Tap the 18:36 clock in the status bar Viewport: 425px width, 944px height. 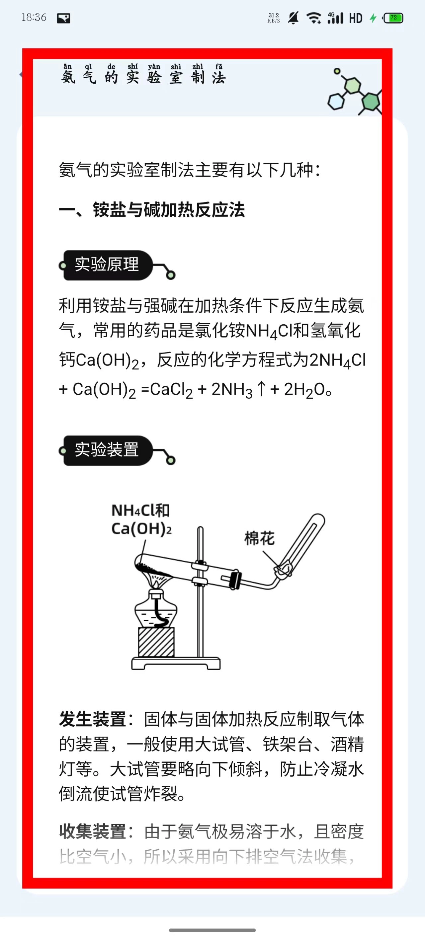pyautogui.click(x=34, y=17)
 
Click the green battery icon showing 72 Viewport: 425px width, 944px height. pyautogui.click(x=393, y=18)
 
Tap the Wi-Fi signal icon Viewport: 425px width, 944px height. pyautogui.click(x=314, y=18)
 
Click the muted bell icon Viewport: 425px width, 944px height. pyautogui.click(x=293, y=18)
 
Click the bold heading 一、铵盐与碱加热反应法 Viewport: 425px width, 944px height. pyautogui.click(x=151, y=210)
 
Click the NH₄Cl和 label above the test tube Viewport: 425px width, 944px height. pyautogui.click(x=140, y=510)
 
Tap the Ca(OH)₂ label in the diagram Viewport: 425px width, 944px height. pyautogui.click(x=141, y=529)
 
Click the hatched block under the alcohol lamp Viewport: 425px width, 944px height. pyautogui.click(x=156, y=642)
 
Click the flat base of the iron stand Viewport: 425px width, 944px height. pyautogui.click(x=176, y=663)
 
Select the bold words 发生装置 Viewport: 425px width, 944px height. pyautogui.click(x=92, y=719)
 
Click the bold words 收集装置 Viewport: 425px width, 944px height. pyautogui.click(x=92, y=831)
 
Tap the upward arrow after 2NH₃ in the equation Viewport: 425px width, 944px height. pyautogui.click(x=261, y=388)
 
